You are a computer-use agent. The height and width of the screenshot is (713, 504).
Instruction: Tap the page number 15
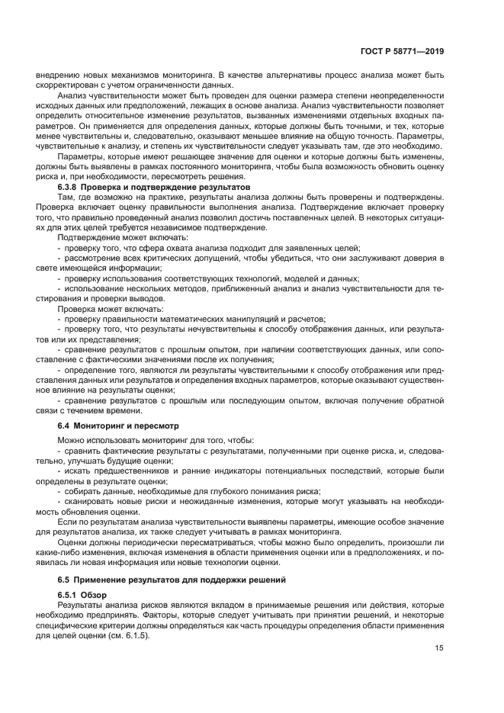[x=439, y=650]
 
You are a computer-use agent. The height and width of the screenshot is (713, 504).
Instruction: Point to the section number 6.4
[x=65, y=424]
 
